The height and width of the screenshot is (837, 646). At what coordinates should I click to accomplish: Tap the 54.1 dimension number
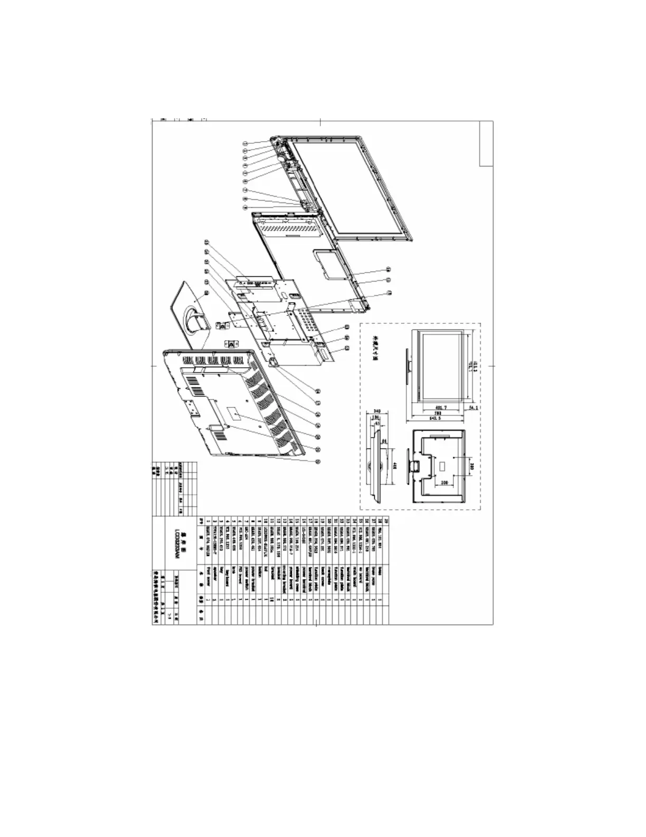point(473,407)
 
